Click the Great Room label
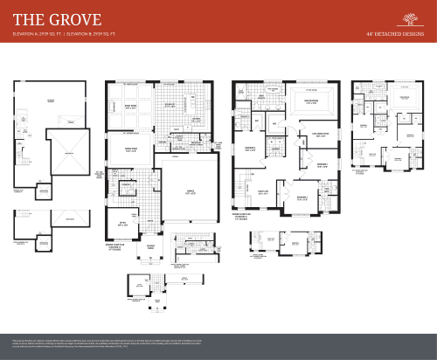(x=130, y=106)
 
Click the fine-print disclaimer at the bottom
(x=218, y=343)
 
